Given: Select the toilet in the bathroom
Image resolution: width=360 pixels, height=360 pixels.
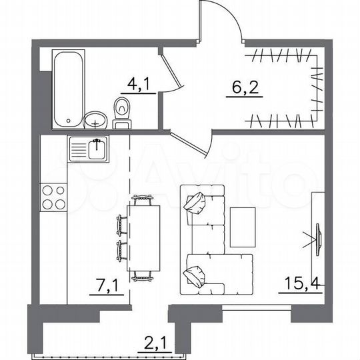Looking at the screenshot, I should click(x=122, y=113).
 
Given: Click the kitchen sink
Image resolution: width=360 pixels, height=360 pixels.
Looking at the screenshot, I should click(x=89, y=147).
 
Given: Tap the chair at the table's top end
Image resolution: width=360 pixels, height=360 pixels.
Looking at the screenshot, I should click(x=143, y=199).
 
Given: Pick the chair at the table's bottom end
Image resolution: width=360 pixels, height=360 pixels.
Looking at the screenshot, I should click(x=143, y=275).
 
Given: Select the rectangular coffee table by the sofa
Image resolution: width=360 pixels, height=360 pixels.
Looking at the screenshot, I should click(x=243, y=227).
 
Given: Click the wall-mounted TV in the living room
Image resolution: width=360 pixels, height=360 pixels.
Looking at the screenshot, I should click(x=317, y=237).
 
